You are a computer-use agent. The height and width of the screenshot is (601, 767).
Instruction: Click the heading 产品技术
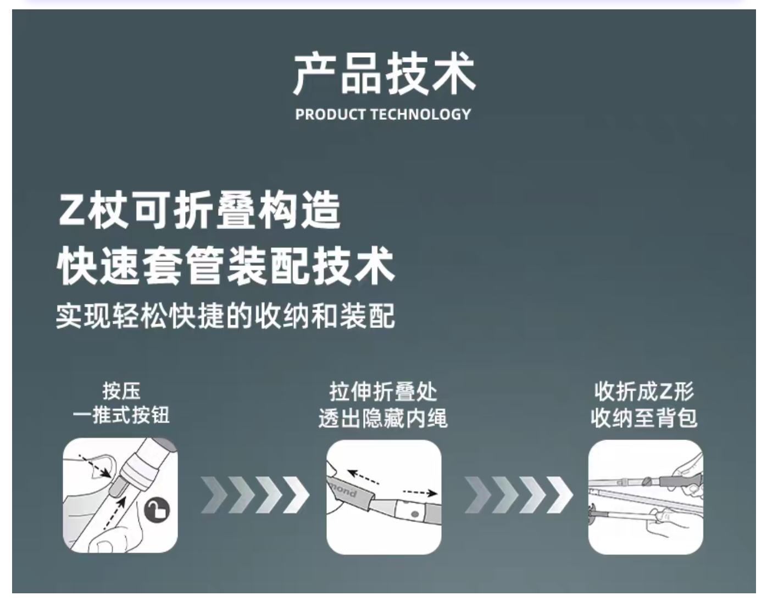(384, 74)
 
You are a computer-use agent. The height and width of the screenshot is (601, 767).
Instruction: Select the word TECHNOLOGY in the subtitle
(420, 114)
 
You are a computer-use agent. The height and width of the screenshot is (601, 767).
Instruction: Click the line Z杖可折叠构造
(200, 211)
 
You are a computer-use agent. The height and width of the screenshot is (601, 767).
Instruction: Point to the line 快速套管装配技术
(226, 266)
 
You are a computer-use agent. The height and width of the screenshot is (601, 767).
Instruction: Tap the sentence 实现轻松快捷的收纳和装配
(226, 315)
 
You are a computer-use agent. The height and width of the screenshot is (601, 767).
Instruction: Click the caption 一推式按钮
(121, 415)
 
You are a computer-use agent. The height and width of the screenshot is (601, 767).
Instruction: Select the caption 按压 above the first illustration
(121, 391)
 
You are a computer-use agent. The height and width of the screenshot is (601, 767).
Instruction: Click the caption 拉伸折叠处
(383, 392)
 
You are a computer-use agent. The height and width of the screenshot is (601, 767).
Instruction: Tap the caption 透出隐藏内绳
(383, 419)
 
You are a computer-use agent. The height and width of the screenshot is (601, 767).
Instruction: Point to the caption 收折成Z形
(644, 392)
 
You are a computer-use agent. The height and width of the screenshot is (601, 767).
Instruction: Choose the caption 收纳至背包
(644, 419)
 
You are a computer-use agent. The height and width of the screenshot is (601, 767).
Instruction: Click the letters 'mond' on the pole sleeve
(343, 491)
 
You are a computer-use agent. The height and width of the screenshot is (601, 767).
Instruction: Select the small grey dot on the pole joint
(415, 514)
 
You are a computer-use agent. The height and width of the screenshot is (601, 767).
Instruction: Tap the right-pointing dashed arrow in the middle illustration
(420, 492)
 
